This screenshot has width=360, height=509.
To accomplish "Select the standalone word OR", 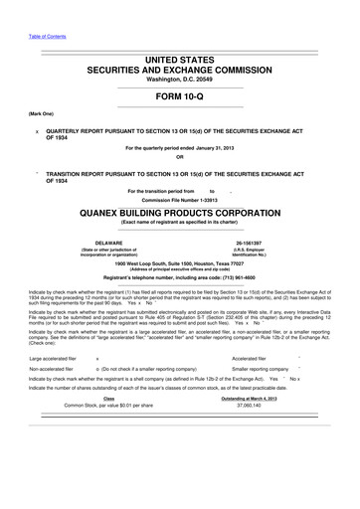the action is [180, 173].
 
